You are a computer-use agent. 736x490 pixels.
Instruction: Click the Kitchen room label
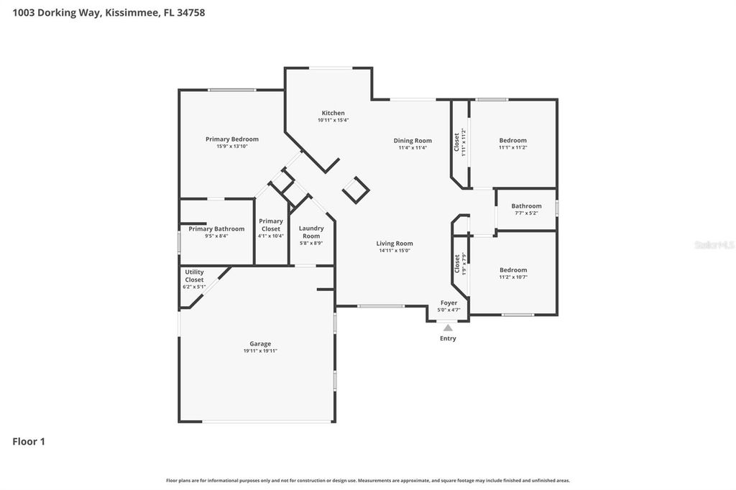[x=333, y=114]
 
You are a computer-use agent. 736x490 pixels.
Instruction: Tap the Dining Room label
[x=413, y=141]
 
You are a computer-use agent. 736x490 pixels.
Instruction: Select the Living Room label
[x=395, y=244]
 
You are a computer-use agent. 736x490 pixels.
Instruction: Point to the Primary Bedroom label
[x=231, y=139]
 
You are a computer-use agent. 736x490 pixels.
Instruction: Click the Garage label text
[x=260, y=343]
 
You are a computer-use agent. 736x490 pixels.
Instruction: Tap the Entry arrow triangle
[x=448, y=328]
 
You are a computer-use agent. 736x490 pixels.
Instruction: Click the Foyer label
[x=448, y=303]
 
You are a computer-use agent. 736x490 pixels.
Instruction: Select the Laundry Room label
[x=311, y=232]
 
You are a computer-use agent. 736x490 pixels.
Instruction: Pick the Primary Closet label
[x=271, y=225]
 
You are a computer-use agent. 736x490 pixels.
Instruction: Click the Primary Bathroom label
[x=216, y=229]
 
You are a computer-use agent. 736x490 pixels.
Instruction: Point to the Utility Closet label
[x=194, y=276]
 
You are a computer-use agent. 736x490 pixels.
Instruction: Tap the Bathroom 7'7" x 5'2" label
[x=526, y=206]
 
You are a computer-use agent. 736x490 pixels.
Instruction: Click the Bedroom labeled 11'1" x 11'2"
[x=512, y=141]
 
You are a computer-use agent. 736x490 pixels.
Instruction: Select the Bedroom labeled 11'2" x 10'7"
[x=513, y=270]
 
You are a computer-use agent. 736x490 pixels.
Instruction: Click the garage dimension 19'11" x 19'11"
[x=260, y=351]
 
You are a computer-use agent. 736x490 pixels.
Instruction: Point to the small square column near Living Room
[x=356, y=190]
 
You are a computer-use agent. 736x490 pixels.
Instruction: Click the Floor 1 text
[x=29, y=442]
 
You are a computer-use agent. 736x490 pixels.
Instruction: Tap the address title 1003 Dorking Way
[x=109, y=12]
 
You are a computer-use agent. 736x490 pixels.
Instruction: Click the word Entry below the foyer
[x=448, y=338]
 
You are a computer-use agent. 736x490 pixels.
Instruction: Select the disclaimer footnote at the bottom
[x=368, y=481]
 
